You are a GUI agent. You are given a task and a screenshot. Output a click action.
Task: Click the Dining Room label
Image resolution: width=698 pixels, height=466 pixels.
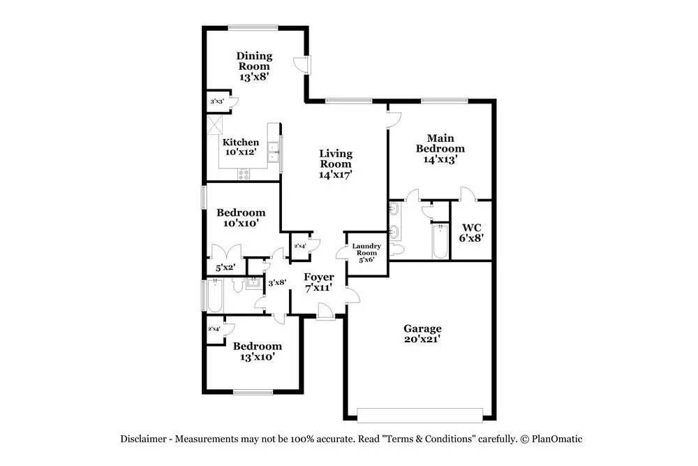click(254, 66)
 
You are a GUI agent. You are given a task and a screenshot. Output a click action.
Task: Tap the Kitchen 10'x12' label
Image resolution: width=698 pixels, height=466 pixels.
click(241, 147)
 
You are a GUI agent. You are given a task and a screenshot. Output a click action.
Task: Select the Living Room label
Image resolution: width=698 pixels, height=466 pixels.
click(336, 164)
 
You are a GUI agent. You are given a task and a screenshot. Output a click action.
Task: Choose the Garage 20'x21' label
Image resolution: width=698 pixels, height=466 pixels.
click(422, 334)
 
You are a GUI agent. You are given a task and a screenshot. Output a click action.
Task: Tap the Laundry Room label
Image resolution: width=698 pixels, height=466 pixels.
click(366, 252)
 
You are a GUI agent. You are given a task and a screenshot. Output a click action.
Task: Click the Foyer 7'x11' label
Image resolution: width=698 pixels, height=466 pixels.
click(318, 282)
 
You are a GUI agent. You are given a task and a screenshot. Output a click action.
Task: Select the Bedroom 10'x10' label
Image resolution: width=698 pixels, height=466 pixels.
click(241, 218)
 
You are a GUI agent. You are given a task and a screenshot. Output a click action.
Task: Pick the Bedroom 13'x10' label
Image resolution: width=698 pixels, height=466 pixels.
click(258, 351)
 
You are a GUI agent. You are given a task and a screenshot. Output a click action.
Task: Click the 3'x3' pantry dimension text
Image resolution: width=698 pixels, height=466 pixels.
click(216, 102)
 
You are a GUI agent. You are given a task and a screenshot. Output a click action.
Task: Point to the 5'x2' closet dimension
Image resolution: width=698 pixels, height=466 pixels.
click(225, 267)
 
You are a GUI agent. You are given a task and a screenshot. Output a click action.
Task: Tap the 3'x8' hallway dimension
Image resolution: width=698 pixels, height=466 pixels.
click(278, 282)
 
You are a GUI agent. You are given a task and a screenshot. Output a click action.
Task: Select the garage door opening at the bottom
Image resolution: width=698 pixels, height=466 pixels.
click(419, 414)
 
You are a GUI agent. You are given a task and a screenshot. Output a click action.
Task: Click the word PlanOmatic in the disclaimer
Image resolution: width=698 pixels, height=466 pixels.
click(556, 439)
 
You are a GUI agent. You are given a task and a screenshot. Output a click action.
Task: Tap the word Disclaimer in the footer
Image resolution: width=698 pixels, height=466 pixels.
click(142, 439)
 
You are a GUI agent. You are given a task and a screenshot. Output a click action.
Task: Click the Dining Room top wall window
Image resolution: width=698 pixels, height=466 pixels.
click(251, 28)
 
